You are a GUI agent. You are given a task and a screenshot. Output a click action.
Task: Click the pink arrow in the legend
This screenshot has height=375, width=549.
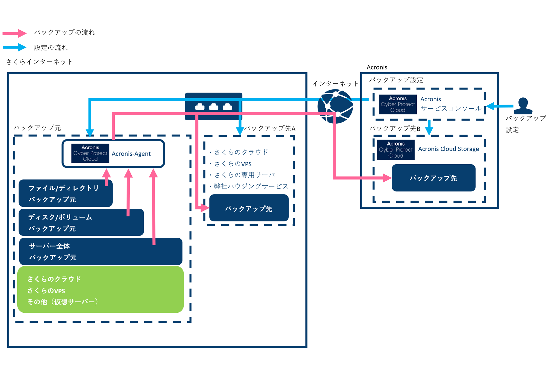point(14,33)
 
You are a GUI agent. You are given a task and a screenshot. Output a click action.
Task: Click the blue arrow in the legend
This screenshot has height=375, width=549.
point(14,47)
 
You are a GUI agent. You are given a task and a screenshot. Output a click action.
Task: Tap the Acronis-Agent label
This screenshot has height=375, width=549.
point(131,154)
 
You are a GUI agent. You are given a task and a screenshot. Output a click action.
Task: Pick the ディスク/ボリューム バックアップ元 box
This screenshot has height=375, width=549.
point(75,223)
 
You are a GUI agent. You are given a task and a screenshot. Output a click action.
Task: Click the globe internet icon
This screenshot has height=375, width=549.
point(335,106)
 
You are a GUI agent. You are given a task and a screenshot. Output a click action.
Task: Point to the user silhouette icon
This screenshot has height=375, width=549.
point(523,106)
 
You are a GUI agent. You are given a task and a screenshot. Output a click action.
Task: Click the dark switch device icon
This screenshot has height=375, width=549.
point(213,106)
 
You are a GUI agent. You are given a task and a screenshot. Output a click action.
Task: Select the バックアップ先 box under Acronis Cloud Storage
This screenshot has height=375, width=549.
point(433,178)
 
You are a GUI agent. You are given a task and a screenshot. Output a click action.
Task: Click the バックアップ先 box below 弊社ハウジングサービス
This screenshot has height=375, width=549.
point(249,208)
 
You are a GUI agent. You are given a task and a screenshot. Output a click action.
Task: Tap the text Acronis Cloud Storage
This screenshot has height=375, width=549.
point(448,149)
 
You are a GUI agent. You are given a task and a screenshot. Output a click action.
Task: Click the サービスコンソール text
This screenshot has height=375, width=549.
point(451,109)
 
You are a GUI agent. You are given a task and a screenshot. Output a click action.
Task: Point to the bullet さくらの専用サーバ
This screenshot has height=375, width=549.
point(244,175)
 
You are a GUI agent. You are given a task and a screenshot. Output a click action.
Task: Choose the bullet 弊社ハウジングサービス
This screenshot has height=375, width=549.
point(251,186)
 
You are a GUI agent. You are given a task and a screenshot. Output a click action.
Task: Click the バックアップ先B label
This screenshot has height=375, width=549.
point(395,129)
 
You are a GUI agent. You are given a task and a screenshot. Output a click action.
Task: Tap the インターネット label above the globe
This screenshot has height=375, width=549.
point(335,84)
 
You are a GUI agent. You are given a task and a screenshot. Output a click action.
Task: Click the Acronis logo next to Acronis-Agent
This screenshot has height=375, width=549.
point(90,153)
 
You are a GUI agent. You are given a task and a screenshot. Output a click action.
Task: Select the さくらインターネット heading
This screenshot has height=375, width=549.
point(39,62)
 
